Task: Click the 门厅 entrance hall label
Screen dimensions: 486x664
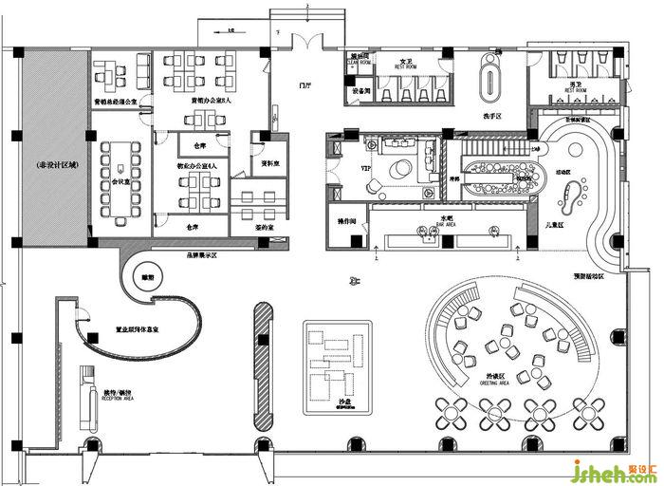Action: point(304,84)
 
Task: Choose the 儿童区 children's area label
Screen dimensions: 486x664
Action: point(555,225)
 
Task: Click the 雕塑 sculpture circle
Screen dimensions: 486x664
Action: point(147,277)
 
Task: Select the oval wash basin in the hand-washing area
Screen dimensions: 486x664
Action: point(489,74)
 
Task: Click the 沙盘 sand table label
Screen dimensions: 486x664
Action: point(343,402)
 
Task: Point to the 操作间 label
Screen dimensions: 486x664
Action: point(345,220)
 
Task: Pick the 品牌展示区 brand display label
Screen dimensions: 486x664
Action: point(201,254)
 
